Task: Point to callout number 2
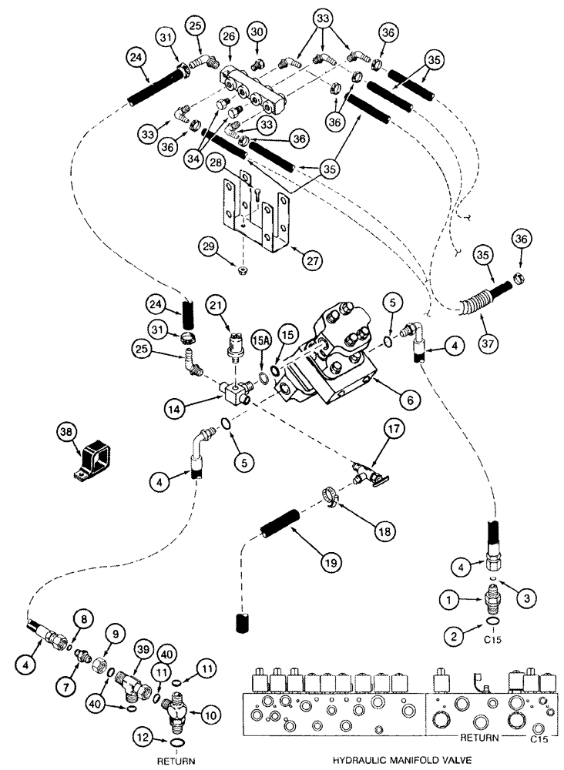coord(452,634)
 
